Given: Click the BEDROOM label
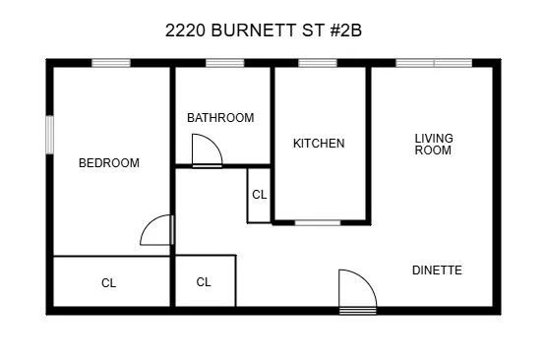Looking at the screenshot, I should [109, 163].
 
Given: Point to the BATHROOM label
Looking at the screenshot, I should [220, 118].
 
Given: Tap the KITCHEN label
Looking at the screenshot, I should [319, 144].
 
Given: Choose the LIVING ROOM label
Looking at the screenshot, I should [433, 145].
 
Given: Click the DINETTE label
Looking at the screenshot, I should [437, 270].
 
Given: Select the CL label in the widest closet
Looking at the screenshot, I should [109, 283].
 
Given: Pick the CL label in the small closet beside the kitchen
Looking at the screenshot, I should [260, 195].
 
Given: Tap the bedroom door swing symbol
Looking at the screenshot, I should [157, 231].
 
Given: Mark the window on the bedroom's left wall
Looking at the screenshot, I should [49, 136].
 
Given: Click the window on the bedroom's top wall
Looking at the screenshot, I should [111, 64].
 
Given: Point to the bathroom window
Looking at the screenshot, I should [225, 64].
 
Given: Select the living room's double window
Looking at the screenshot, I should [434, 64].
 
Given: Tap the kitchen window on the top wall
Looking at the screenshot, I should [318, 64].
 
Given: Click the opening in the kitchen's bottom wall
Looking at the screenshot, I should [318, 222].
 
